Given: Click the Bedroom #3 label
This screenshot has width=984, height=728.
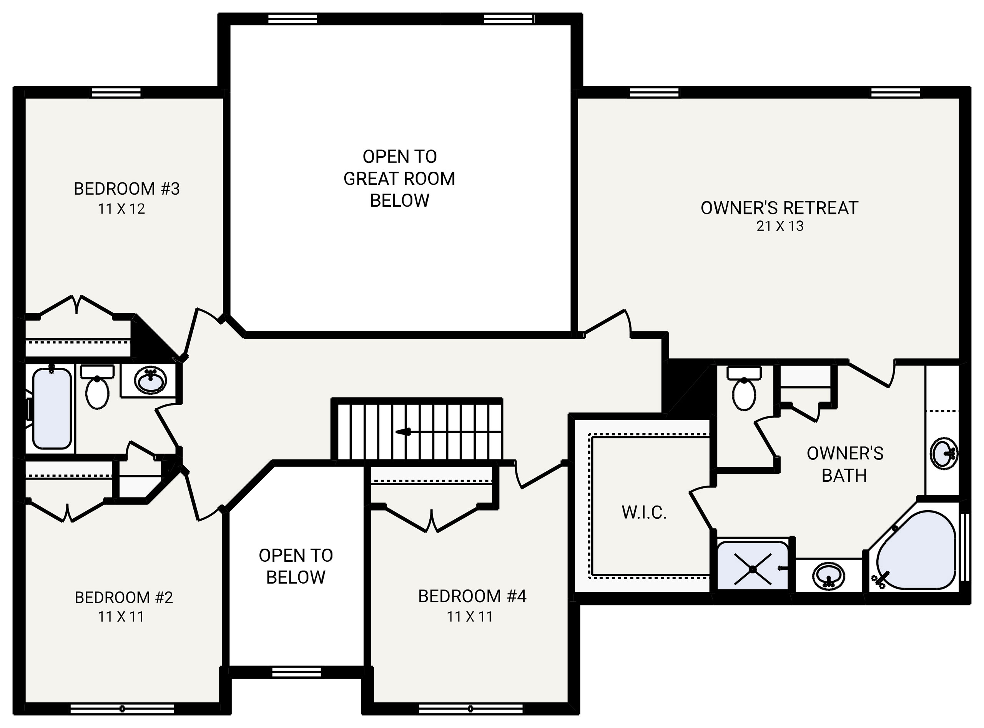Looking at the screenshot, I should click(126, 189).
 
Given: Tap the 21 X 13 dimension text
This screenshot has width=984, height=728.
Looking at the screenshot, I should click(780, 226).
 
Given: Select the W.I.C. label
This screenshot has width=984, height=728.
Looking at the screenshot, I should click(644, 513).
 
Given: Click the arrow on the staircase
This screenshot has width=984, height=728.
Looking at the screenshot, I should click(403, 432).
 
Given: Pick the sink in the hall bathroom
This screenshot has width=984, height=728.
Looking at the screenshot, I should click(151, 380).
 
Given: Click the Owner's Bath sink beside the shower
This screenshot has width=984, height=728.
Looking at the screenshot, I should click(829, 576).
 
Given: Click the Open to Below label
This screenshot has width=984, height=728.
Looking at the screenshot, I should click(296, 566).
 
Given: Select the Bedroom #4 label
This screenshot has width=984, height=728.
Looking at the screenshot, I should click(472, 596).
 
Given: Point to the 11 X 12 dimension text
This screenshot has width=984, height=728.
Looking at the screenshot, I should click(121, 209).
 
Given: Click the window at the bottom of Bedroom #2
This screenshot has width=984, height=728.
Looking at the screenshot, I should click(122, 709).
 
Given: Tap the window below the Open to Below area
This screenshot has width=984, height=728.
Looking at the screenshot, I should click(296, 672).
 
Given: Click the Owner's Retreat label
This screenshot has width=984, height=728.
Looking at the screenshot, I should click(779, 208).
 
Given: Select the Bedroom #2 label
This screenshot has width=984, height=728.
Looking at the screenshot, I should click(124, 598).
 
